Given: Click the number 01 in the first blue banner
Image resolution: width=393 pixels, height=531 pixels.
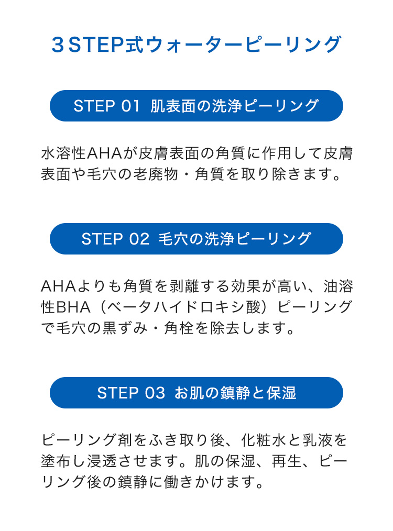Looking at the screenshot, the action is [130, 106].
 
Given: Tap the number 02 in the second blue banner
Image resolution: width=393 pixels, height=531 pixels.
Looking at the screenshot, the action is [139, 239].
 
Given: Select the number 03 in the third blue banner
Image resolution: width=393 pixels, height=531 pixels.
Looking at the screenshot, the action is [155, 393].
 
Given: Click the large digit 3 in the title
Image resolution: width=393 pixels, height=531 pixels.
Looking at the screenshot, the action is [58, 45].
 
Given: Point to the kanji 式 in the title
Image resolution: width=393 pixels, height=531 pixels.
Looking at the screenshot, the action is [135, 45].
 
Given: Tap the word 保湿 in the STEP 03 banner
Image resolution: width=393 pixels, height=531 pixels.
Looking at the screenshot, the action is [281, 393].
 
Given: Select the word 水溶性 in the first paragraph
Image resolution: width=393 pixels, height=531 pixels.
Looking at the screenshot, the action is [63, 153].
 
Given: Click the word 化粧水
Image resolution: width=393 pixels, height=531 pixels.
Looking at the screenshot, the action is [263, 440].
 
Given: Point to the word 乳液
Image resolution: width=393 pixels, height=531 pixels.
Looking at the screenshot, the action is [317, 440].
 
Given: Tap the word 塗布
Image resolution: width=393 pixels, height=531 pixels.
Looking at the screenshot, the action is [56, 461].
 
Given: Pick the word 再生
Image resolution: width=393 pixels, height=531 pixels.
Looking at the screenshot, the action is [287, 461].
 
